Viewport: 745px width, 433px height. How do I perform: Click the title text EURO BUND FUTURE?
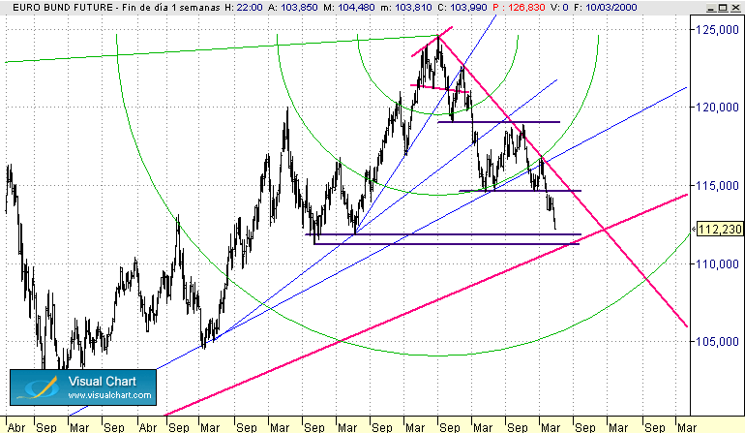click(x=53, y=8)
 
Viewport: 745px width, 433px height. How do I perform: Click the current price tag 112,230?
click(x=720, y=230)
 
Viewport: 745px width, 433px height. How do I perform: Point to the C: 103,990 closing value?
click(x=460, y=8)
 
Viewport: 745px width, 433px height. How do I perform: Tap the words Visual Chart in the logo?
click(x=108, y=381)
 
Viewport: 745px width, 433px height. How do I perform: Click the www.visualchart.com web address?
click(x=108, y=395)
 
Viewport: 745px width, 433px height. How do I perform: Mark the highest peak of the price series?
click(x=438, y=37)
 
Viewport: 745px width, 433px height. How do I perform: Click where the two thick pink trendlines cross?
click(x=604, y=230)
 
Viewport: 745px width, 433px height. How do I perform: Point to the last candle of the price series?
click(x=555, y=225)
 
